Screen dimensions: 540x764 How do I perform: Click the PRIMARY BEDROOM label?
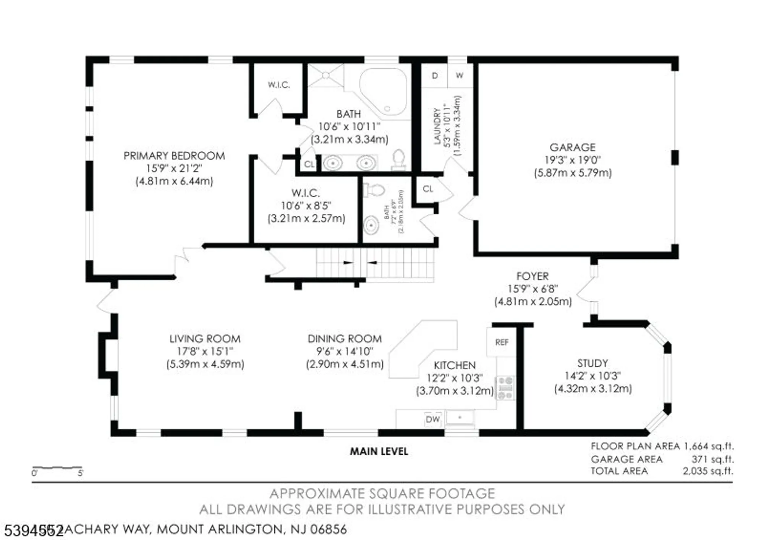(x=174, y=156)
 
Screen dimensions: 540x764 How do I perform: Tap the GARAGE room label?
(x=572, y=148)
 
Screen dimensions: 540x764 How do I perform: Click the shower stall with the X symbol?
(x=325, y=76)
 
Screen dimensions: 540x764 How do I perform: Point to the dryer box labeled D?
(x=434, y=76)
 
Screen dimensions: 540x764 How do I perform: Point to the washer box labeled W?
(x=460, y=76)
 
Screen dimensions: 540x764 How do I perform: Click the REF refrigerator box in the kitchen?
(x=501, y=342)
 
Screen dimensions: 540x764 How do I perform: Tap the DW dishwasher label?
(x=432, y=419)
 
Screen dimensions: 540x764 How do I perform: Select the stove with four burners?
(x=505, y=388)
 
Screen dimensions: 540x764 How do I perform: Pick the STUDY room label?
(x=592, y=363)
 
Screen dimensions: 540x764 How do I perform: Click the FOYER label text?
(x=532, y=276)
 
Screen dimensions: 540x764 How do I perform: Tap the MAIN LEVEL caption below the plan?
(x=379, y=452)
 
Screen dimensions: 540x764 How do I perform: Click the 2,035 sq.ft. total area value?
(x=708, y=471)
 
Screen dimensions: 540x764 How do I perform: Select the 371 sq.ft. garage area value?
(x=712, y=459)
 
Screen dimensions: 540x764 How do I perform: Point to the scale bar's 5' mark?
(x=80, y=473)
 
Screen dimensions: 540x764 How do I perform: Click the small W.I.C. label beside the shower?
(x=278, y=85)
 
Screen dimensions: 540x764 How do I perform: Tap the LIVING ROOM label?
(x=205, y=339)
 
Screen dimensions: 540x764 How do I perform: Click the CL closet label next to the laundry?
(x=428, y=189)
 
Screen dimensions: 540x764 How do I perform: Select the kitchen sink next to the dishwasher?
(x=460, y=418)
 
